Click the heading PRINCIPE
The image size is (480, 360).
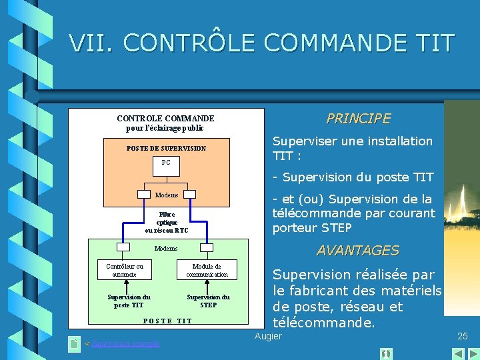(358, 119)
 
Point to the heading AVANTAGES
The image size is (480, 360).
(357, 251)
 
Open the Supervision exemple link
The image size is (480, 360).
(125, 343)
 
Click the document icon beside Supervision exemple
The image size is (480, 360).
(74, 344)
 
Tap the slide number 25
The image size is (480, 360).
(463, 336)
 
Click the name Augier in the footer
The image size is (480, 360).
(269, 336)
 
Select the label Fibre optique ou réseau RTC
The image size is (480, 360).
(167, 222)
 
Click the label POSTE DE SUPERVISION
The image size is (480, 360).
(167, 148)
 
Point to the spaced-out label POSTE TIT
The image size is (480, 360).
(167, 321)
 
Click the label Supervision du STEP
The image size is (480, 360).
(208, 301)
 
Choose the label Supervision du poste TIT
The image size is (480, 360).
(129, 301)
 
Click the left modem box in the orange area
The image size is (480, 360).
(144, 195)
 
